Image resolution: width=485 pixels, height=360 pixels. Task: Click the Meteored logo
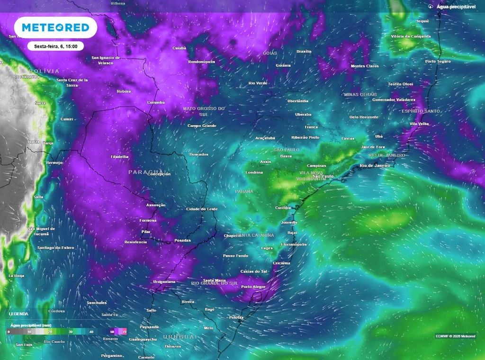[55, 28]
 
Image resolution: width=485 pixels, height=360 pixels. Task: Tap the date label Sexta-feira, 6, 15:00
[55, 46]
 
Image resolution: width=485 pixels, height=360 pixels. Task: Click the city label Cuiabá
[179, 48]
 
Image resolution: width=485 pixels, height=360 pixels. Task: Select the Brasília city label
[304, 51]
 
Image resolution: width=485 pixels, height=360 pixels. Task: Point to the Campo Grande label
[202, 126]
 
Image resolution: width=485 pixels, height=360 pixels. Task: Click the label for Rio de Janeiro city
[374, 165]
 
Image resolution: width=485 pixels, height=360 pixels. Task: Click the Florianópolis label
[294, 244]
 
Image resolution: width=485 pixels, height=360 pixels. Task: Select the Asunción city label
[156, 205]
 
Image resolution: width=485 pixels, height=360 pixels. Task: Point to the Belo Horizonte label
[364, 117]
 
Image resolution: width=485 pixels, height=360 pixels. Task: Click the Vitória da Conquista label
[411, 36]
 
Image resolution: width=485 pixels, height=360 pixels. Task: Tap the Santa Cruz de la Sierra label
[72, 82]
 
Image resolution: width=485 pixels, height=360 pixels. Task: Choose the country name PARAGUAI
[146, 171]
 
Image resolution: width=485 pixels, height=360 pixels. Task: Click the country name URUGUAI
[180, 336]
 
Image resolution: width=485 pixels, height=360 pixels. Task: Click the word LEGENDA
[18, 314]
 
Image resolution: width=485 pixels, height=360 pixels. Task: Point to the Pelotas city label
[236, 317]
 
